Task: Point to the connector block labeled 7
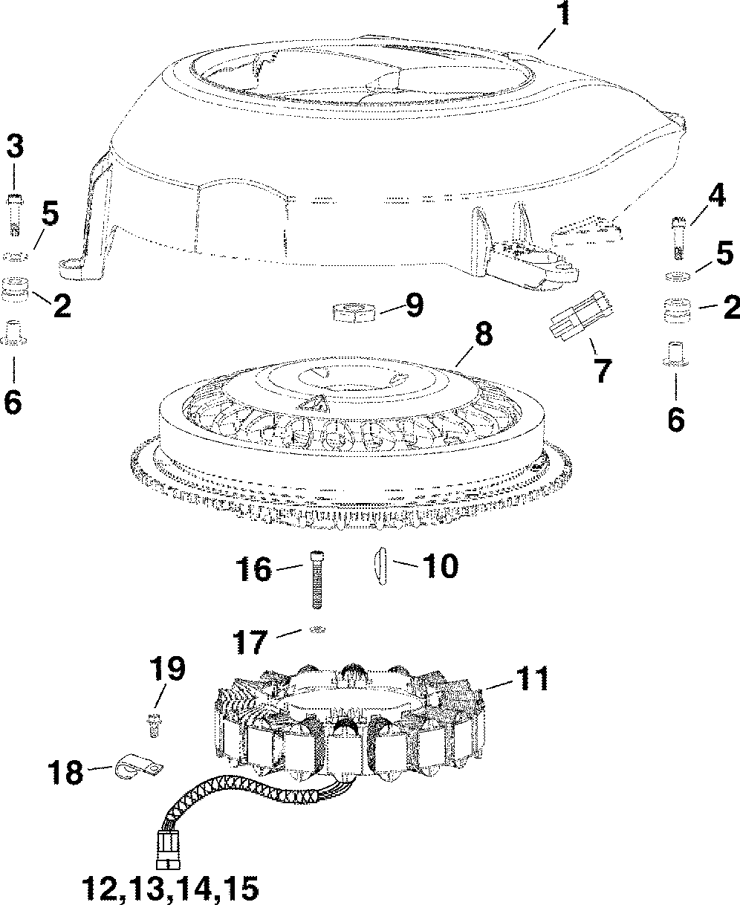click(x=580, y=318)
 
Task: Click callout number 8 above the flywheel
click(x=482, y=334)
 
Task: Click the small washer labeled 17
click(x=317, y=630)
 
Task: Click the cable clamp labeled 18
click(x=139, y=768)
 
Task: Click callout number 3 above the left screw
click(x=15, y=146)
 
